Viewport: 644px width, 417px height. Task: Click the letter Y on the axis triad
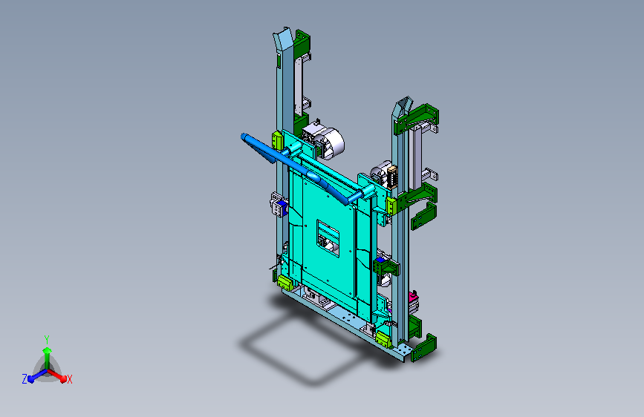pos(47,340)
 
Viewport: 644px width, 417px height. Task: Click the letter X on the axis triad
pos(69,379)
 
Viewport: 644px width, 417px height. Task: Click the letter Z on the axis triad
pos(25,379)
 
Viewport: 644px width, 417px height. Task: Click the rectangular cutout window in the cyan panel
pos(328,238)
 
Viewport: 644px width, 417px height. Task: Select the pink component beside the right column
pos(413,296)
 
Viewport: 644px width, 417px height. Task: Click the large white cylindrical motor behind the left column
pos(328,142)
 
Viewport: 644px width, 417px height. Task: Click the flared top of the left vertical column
pos(283,39)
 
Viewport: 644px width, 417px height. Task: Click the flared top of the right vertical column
pos(403,107)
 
